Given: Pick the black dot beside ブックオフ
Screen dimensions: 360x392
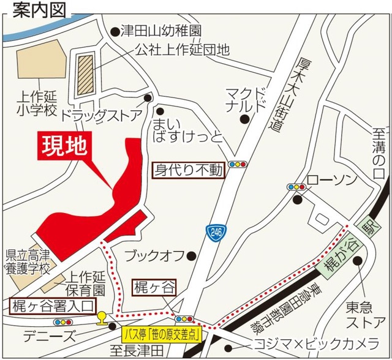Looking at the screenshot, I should click(192, 255).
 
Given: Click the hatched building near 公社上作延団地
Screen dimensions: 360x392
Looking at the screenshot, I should click(86, 74).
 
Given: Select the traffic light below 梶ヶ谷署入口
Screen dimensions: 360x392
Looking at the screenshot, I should click(62, 322).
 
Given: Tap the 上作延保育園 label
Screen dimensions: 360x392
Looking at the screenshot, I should click(86, 283).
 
